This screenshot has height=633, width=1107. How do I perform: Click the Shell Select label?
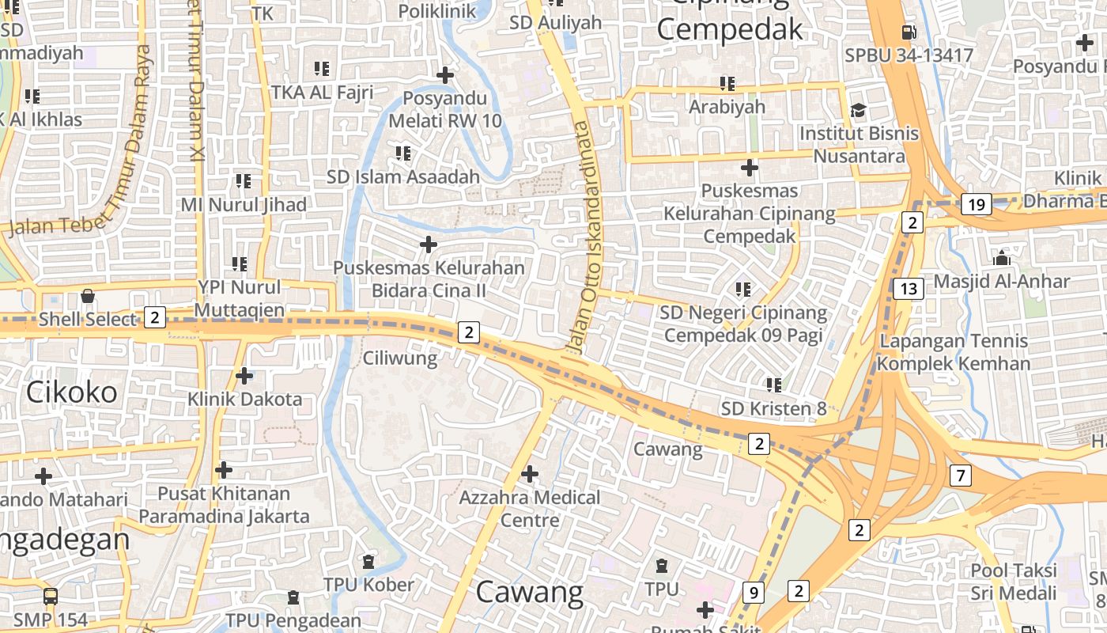tap(88, 320)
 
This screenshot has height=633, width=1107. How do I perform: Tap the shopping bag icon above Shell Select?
tap(88, 296)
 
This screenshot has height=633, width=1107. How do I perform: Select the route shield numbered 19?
tap(977, 205)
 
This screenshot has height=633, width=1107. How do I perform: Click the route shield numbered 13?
tap(909, 289)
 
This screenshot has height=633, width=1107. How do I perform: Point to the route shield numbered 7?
tap(961, 476)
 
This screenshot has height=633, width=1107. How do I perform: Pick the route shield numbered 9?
tap(754, 591)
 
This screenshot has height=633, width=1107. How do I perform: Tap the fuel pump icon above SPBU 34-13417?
tap(909, 32)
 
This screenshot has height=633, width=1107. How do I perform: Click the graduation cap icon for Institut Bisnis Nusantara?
tap(859, 110)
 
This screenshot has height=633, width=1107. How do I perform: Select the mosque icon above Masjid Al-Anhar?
tap(1001, 258)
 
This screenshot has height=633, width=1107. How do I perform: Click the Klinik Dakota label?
tap(244, 399)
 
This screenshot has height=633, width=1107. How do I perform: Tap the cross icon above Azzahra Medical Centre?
tap(530, 474)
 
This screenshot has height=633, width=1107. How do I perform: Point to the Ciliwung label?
tap(400, 358)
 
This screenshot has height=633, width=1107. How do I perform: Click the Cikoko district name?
tap(71, 392)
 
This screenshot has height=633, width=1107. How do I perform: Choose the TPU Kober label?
tap(368, 585)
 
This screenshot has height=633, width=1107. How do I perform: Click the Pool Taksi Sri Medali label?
tap(1014, 582)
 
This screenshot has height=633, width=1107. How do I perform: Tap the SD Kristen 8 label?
tap(773, 408)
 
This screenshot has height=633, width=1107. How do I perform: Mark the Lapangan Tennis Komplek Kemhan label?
tap(954, 352)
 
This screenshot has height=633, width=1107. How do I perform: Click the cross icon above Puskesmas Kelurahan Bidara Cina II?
tap(429, 244)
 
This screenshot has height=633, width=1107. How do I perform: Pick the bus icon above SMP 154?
tap(51, 597)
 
